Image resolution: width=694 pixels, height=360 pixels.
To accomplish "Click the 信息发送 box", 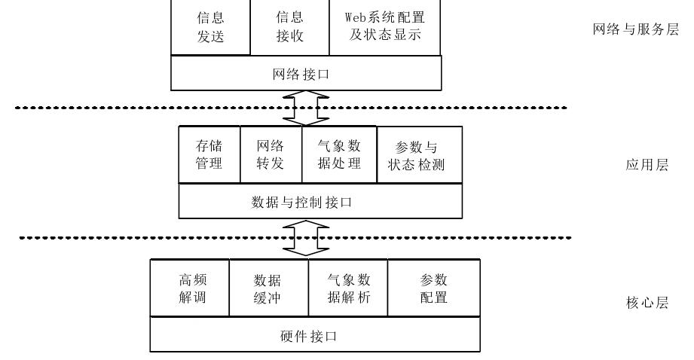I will [x=211, y=27].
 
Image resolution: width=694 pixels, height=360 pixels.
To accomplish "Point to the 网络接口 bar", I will [x=306, y=74].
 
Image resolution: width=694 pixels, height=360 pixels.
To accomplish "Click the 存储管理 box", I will [x=209, y=154].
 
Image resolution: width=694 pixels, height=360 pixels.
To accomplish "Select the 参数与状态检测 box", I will [x=417, y=154].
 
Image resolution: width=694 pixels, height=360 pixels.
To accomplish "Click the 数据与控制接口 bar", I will [x=319, y=202].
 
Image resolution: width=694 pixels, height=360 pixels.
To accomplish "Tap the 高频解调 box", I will [x=190, y=288].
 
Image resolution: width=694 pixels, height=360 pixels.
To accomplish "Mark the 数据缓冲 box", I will [x=269, y=288].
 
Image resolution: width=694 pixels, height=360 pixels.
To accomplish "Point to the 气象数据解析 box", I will [x=348, y=288].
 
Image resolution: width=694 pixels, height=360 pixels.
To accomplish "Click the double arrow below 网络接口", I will [x=306, y=108].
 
